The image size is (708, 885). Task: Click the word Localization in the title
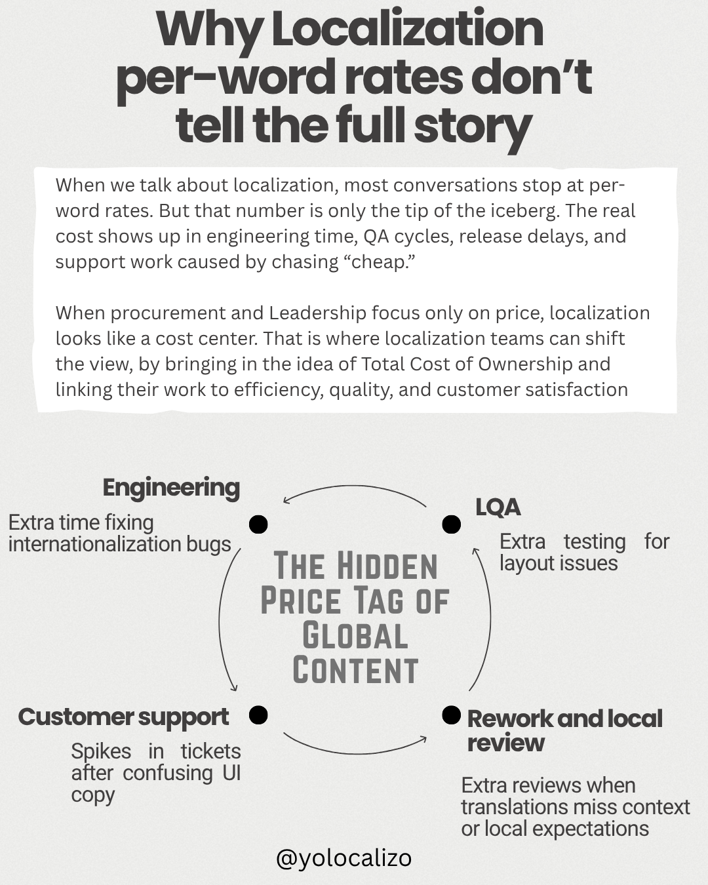pyautogui.click(x=407, y=29)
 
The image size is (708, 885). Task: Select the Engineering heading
pyautogui.click(x=171, y=488)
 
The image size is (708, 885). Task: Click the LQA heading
pyautogui.click(x=498, y=507)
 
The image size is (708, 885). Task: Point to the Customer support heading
pyautogui.click(x=123, y=717)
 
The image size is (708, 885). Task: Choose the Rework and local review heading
pyautogui.click(x=564, y=730)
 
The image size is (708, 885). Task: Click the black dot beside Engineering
pyautogui.click(x=258, y=524)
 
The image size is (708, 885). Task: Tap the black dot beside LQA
pyautogui.click(x=451, y=524)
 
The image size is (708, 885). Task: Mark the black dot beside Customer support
pyautogui.click(x=258, y=715)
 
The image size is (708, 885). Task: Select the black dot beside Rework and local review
pyautogui.click(x=451, y=715)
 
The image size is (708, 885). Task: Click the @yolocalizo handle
pyautogui.click(x=344, y=857)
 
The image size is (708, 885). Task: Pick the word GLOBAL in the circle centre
pyautogui.click(x=355, y=636)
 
